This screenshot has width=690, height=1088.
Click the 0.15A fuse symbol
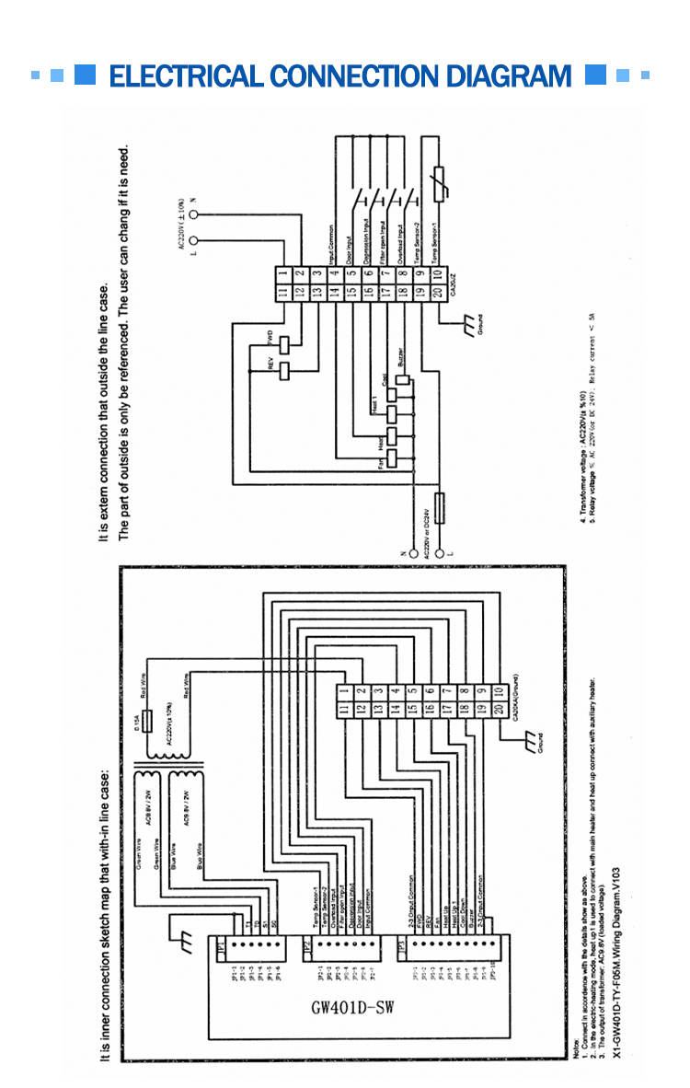[147, 721]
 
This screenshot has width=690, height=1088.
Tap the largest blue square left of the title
[86, 75]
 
